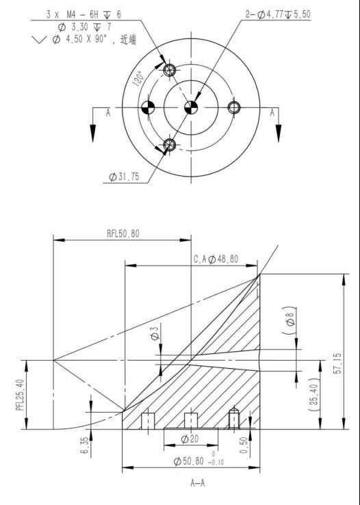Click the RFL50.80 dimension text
pyautogui.click(x=123, y=233)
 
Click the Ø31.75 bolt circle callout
pyautogui.click(x=124, y=177)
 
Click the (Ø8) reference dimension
pyautogui.click(x=290, y=319)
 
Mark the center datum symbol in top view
pyautogui.click(x=190, y=107)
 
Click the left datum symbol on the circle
pyautogui.click(x=147, y=107)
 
